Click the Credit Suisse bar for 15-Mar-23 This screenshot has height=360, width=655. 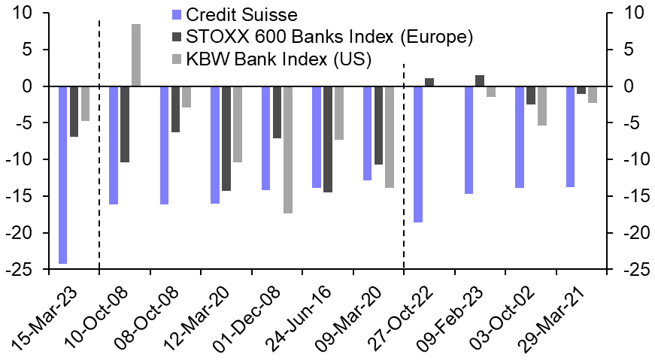click(x=62, y=175)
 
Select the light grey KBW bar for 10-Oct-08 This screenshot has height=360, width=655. click(x=136, y=56)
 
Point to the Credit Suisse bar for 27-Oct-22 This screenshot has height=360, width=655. click(x=418, y=154)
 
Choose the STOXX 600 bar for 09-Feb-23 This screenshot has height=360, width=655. click(x=480, y=81)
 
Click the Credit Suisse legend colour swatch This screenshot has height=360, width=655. click(x=177, y=14)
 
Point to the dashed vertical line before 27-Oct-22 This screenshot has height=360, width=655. click(x=405, y=165)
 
